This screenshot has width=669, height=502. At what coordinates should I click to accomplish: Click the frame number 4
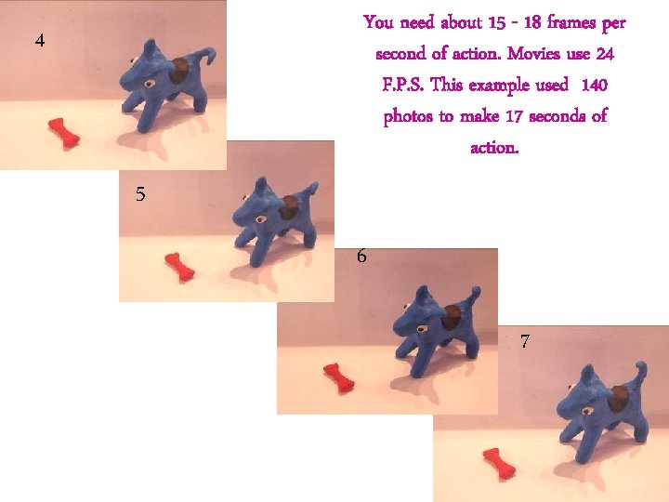click(39, 41)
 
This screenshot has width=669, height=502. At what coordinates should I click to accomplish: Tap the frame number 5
click(139, 194)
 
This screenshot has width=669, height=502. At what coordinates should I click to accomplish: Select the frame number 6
click(361, 256)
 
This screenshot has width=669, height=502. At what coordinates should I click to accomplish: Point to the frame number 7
click(525, 341)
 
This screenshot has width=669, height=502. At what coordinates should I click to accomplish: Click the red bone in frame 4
click(64, 133)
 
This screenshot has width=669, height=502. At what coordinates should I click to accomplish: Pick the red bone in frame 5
click(179, 266)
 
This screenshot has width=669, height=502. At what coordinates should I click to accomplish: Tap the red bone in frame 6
click(338, 377)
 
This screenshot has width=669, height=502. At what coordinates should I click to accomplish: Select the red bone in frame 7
click(499, 461)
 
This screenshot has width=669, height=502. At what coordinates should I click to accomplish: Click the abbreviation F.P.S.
click(403, 86)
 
